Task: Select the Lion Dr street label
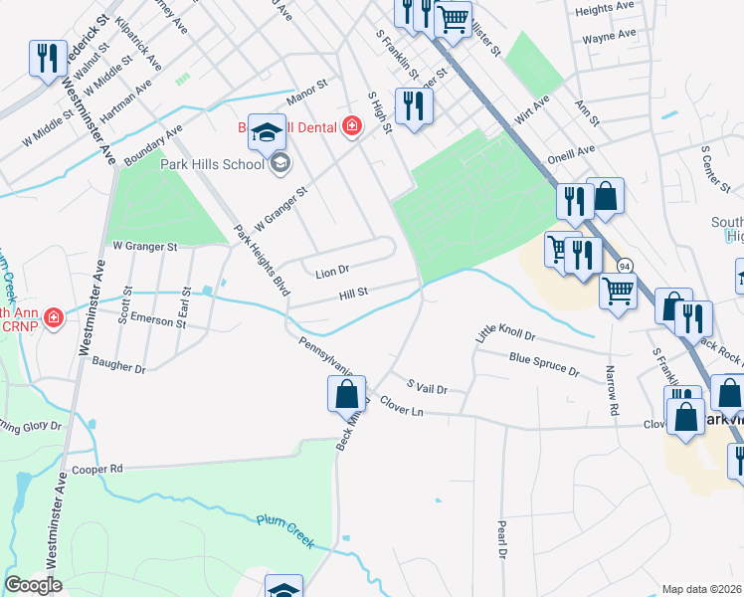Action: click(x=332, y=271)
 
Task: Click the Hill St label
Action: click(x=354, y=293)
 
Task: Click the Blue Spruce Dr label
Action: click(x=543, y=363)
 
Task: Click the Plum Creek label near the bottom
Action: click(x=285, y=531)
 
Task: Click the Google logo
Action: click(x=33, y=585)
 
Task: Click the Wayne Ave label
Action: click(x=609, y=36)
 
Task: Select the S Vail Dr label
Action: click(x=428, y=386)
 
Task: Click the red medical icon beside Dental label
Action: click(x=350, y=125)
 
